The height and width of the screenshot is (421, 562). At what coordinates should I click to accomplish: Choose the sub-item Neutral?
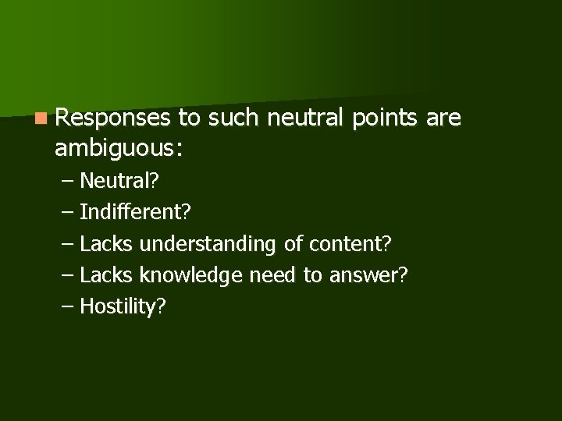point(119,182)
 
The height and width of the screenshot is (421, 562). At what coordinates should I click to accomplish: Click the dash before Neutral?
point(68,182)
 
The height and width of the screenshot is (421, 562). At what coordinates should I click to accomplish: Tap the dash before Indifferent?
point(68,213)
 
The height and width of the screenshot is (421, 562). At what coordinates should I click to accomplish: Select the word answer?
point(365,275)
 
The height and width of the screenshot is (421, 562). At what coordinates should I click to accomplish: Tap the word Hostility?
point(123,306)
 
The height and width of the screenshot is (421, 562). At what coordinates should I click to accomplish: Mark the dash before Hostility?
point(68,306)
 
